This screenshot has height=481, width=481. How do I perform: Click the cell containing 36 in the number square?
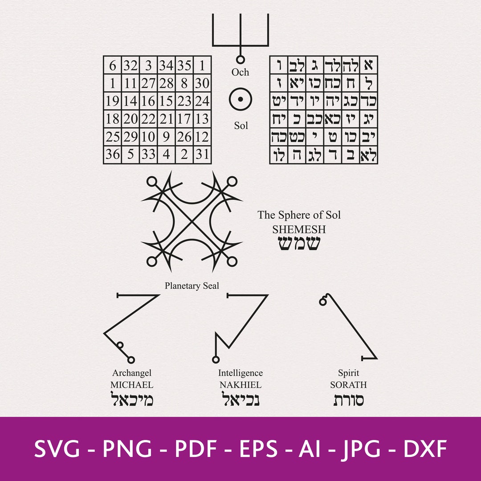click(113, 155)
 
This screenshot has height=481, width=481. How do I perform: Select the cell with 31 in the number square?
click(202, 155)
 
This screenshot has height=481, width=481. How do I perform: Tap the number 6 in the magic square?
click(113, 66)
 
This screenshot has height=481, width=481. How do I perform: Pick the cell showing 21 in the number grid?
click(166, 119)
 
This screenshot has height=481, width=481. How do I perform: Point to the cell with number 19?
click(113, 101)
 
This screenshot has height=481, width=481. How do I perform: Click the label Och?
click(240, 72)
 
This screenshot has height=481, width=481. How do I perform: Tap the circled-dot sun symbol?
click(240, 99)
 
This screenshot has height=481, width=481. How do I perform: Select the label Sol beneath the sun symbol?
click(241, 126)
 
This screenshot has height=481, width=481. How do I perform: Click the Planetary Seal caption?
click(192, 286)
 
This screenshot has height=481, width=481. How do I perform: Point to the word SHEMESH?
click(299, 229)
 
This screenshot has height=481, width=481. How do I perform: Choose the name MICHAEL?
click(132, 385)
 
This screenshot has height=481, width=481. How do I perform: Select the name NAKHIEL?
click(240, 385)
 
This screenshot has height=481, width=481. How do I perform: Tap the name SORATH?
click(348, 385)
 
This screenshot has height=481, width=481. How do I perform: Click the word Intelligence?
click(240, 373)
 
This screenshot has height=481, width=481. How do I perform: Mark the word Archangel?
click(132, 373)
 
